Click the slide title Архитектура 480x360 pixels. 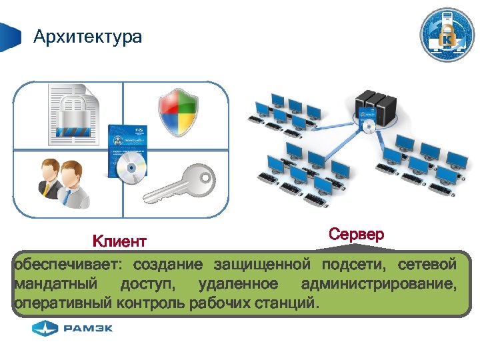[87, 36]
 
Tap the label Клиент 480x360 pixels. [119, 240]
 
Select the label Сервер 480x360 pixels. [356, 235]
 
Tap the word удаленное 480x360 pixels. [238, 285]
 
